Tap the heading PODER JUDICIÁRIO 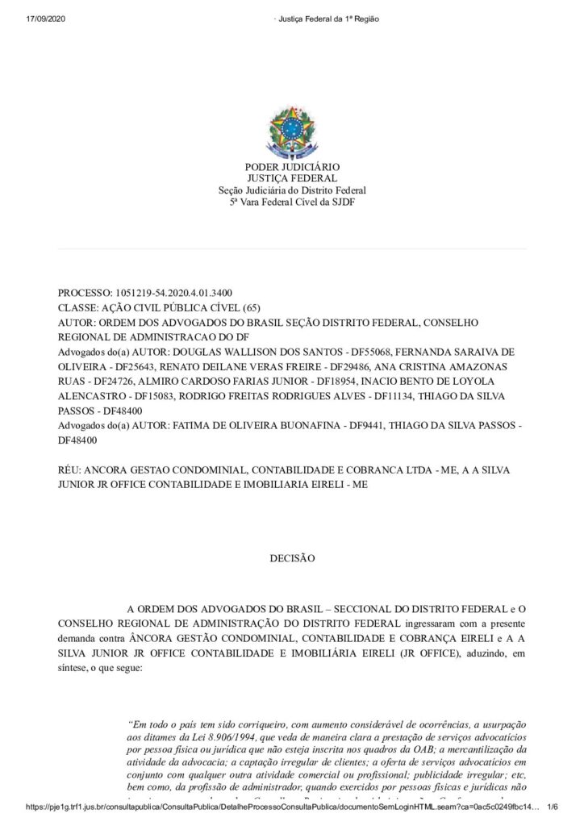tap(291, 167)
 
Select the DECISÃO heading tap(292, 557)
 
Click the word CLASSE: tap(81, 307)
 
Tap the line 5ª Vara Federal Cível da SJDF tap(291, 202)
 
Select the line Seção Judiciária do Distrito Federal tap(291, 190)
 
